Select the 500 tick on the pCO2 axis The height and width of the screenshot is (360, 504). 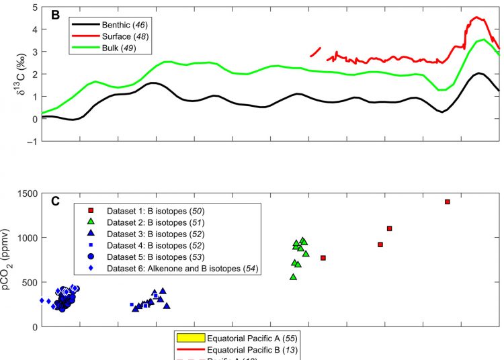pyautogui.click(x=30, y=282)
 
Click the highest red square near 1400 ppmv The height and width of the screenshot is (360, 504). pyautogui.click(x=448, y=201)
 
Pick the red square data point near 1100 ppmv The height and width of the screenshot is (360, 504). pyautogui.click(x=389, y=228)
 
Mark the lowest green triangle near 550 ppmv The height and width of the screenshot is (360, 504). pyautogui.click(x=293, y=277)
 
